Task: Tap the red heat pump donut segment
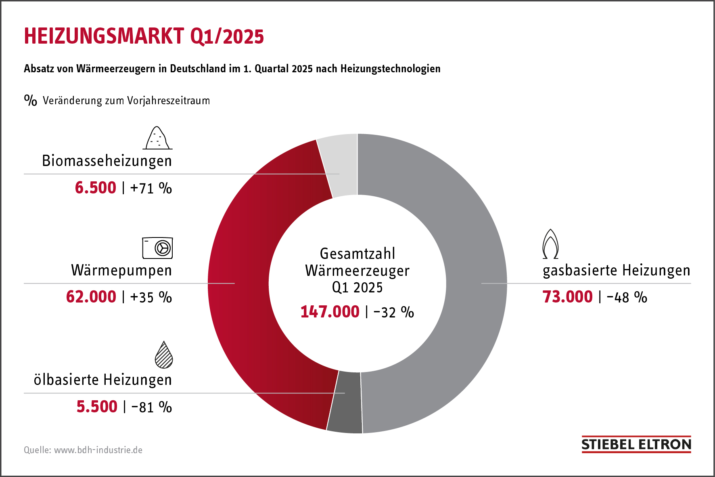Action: [x=242, y=283]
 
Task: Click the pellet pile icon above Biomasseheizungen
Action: [x=157, y=138]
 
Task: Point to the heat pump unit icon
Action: [x=157, y=248]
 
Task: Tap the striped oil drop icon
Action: [x=164, y=355]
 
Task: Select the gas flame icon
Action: [x=550, y=244]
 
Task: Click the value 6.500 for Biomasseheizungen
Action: [x=96, y=188]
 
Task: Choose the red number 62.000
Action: [x=91, y=297]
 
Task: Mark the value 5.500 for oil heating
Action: [x=97, y=407]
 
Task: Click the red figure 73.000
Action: [x=567, y=297]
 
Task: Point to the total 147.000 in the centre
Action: [x=330, y=312]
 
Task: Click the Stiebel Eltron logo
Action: [x=636, y=444]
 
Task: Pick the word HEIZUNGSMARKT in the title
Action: [x=104, y=36]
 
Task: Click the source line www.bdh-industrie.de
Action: [x=98, y=450]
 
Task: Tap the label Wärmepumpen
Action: [x=121, y=270]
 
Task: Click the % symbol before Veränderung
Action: [x=30, y=100]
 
